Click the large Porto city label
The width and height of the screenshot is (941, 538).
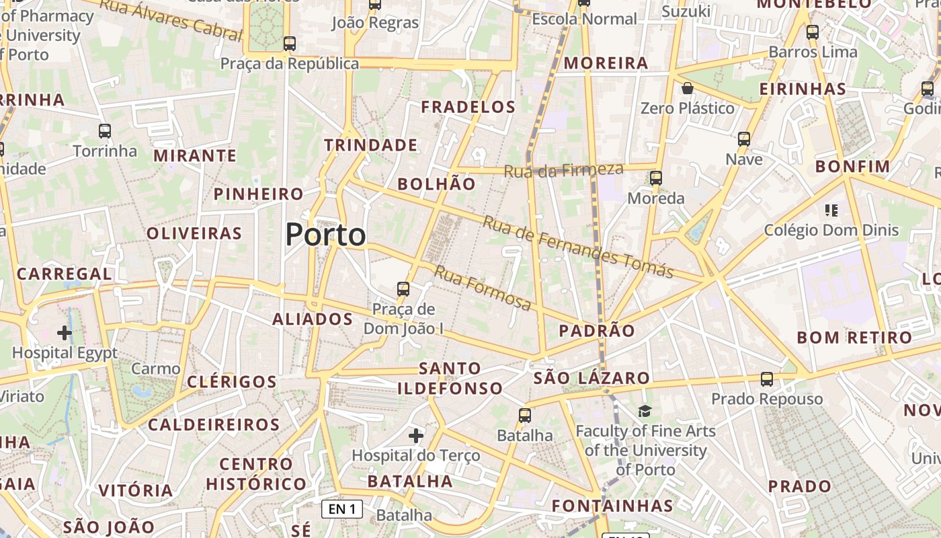point(326,235)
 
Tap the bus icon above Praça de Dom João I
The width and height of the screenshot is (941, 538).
point(403,289)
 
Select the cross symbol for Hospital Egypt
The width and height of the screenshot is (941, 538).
point(65,333)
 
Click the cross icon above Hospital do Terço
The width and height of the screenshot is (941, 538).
point(416,436)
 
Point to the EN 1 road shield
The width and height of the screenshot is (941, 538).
point(342,509)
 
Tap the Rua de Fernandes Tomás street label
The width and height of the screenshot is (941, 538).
point(577,247)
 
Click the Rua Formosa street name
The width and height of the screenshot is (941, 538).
point(483,288)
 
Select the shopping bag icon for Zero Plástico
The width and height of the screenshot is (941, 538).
point(688,88)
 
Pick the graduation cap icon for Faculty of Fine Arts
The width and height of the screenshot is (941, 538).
point(645,411)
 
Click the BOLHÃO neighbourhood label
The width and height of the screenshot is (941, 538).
point(436,184)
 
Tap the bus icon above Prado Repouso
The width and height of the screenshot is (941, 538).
point(767,379)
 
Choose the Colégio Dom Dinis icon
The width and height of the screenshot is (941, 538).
point(831,210)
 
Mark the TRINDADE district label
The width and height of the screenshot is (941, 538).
point(371,145)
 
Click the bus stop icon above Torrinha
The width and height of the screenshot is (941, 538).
point(105,131)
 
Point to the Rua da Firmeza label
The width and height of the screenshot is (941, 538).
point(563,170)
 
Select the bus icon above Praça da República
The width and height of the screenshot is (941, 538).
point(290,44)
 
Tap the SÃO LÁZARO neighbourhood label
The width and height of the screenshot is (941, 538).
point(591,378)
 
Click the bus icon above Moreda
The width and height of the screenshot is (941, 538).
point(656,178)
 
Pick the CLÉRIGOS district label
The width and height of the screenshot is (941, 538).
point(232,382)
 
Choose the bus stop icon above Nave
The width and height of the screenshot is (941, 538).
point(744,139)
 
